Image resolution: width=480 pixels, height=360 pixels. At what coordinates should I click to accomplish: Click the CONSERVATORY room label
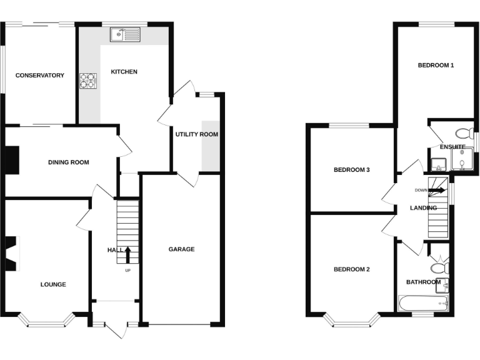(40, 76)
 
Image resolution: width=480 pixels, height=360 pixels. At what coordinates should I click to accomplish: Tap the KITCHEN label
(124, 72)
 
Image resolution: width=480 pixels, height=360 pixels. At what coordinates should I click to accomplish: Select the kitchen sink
(126, 35)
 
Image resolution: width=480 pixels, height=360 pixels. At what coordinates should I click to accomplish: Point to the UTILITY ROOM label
(196, 134)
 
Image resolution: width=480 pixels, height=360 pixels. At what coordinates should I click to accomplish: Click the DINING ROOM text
(69, 162)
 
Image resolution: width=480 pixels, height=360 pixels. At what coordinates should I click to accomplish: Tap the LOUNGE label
(53, 284)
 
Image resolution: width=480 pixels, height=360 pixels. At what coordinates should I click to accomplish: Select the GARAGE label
(181, 249)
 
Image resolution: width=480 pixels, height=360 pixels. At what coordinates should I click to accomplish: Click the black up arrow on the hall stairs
(127, 254)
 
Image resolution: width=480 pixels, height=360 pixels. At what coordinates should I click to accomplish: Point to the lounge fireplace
(12, 253)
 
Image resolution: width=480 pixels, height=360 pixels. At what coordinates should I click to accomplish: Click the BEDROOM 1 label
(436, 65)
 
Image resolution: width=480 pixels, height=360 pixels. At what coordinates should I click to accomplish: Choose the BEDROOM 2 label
(351, 270)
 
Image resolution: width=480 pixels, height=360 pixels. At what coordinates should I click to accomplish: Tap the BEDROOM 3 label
(351, 170)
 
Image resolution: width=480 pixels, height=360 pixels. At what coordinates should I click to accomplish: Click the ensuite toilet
(464, 133)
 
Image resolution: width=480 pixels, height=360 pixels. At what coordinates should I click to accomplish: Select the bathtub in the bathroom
(424, 304)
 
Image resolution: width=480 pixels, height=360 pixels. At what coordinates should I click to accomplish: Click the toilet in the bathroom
(441, 267)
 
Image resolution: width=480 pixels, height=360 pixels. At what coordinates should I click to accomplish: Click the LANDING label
(423, 208)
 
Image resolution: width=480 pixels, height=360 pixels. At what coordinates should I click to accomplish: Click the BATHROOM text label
(423, 282)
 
